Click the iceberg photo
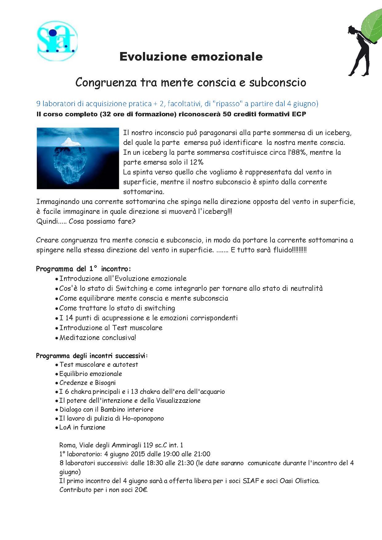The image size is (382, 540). pos(78,158)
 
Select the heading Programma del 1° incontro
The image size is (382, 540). pos(83,269)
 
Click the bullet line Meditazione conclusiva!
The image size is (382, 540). pos(97,338)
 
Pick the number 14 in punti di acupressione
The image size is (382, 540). pos(69,318)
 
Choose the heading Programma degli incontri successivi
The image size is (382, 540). pos(92,356)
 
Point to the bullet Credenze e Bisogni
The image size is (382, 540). pos(87,383)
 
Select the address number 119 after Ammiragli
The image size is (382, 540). pos(148,445)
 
